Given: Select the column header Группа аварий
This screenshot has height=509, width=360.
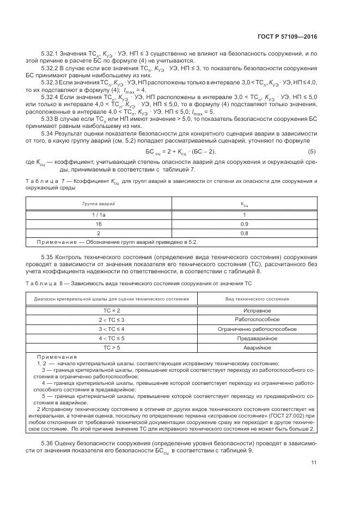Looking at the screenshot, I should (x=99, y=203).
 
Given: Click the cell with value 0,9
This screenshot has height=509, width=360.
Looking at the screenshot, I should (x=245, y=224).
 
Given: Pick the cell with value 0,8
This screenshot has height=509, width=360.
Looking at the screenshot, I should (x=245, y=232).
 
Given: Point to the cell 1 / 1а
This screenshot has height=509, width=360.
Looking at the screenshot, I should (x=99, y=215).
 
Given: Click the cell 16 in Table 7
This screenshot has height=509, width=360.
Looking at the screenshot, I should (x=99, y=224).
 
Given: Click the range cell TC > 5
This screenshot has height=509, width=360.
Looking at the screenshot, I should (x=111, y=347).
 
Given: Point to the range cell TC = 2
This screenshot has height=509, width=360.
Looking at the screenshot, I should (x=111, y=310).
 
